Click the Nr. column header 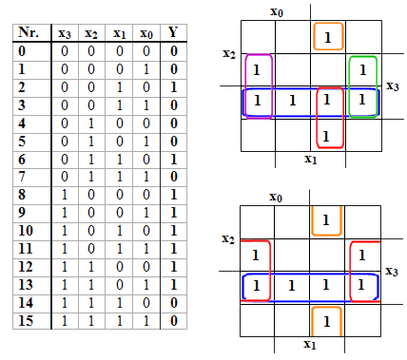29,32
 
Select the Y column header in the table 173,32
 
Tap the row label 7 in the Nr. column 22,177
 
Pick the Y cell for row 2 174,87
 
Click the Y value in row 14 174,303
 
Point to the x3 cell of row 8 65,195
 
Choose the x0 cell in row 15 146,321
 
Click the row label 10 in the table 26,231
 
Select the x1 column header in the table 119,33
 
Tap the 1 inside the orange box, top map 328,38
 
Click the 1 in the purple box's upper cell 257,70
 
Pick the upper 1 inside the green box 363,70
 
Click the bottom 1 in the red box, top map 326,137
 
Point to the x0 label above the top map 277,12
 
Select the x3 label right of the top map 393,86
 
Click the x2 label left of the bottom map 228,238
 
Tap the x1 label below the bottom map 310,344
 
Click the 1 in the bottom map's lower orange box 327,322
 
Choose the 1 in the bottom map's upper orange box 326,220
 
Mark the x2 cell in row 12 91,267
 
